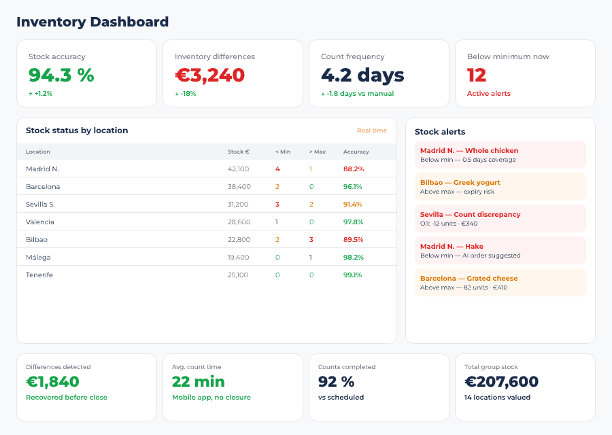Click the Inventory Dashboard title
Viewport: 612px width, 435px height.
coord(92,22)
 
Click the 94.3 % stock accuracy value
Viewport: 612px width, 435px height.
coord(61,75)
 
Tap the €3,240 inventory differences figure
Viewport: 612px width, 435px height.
coord(209,75)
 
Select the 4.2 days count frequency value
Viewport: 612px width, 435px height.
coord(362,75)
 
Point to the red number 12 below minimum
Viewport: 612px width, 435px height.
coord(477,75)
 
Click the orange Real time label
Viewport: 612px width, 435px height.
coord(371,130)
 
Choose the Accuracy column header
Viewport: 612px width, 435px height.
coord(356,152)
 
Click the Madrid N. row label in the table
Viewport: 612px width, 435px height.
coord(42,169)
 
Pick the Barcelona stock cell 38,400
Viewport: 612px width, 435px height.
coord(239,186)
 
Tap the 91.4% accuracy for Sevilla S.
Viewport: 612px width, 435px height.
coord(353,204)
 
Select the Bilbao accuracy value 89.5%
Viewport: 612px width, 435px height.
coord(353,239)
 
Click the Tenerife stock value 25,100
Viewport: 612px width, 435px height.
coord(238,275)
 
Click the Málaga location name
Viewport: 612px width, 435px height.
coord(38,257)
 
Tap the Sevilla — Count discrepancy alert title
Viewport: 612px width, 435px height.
coord(470,214)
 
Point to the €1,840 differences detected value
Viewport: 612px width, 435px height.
coord(52,382)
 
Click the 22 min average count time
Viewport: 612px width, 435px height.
coord(198,382)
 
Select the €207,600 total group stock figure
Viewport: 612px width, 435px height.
coord(501,382)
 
